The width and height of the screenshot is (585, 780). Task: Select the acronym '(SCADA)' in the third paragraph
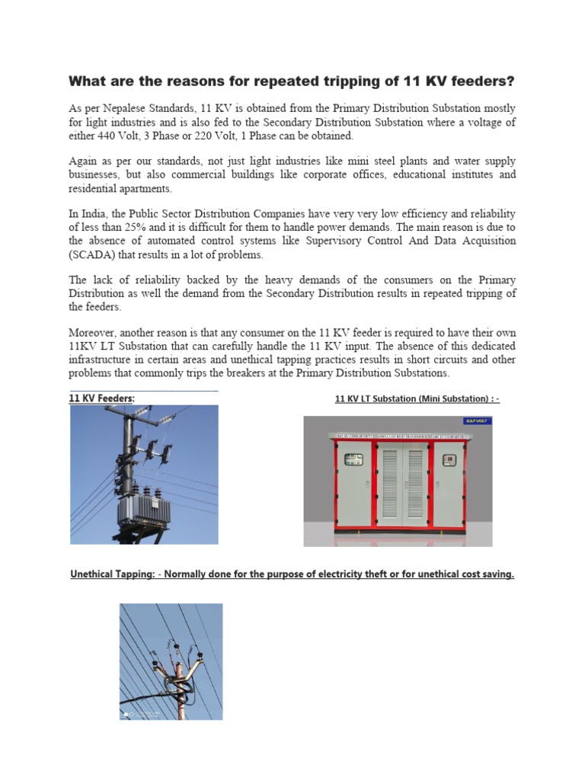click(94, 254)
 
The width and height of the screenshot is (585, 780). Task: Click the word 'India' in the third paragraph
click(96, 213)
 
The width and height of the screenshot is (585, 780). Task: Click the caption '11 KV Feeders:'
click(101, 398)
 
